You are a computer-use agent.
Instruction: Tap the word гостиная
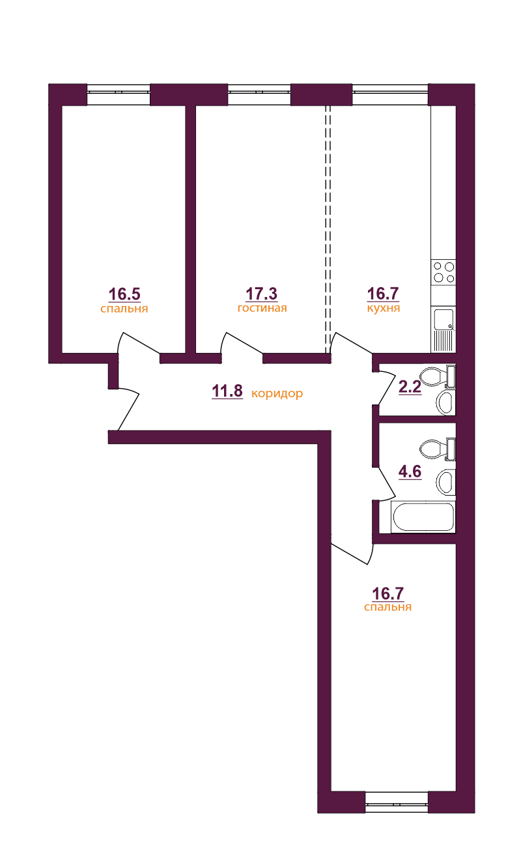(x=262, y=309)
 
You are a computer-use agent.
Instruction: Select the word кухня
(x=383, y=309)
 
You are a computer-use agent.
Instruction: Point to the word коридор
(x=277, y=393)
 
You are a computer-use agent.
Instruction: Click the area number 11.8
(x=227, y=391)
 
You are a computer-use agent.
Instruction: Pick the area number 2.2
(x=410, y=388)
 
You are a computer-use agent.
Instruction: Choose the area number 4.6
(x=410, y=472)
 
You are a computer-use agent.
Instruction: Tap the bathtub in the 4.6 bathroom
(x=423, y=518)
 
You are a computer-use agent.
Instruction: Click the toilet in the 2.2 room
(x=434, y=376)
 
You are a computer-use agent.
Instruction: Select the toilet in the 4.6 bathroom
(x=434, y=448)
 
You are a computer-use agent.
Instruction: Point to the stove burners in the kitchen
(x=444, y=272)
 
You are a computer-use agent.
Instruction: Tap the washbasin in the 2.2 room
(x=445, y=402)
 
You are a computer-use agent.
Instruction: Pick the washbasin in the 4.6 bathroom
(x=445, y=482)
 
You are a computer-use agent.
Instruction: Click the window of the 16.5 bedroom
(x=119, y=92)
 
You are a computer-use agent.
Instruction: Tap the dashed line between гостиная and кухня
(x=328, y=228)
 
